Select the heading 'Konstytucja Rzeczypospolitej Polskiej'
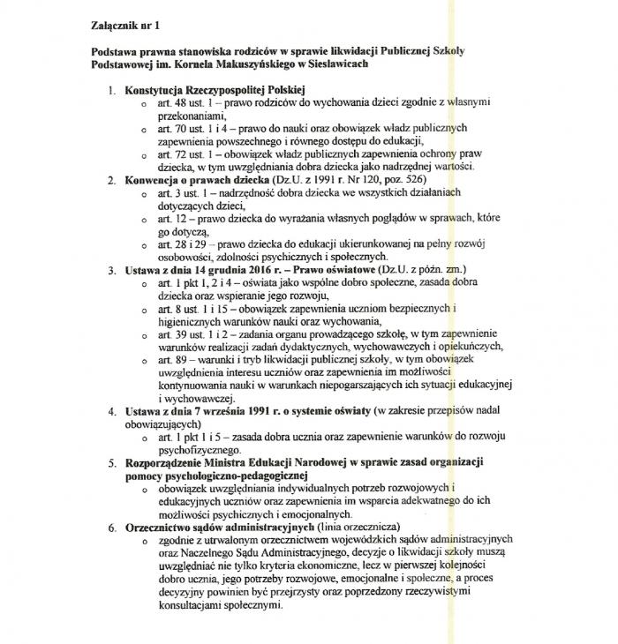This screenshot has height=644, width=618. point(215,91)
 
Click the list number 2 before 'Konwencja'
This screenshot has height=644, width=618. point(111,180)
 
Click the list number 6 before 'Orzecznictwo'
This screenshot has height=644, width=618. point(111,526)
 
